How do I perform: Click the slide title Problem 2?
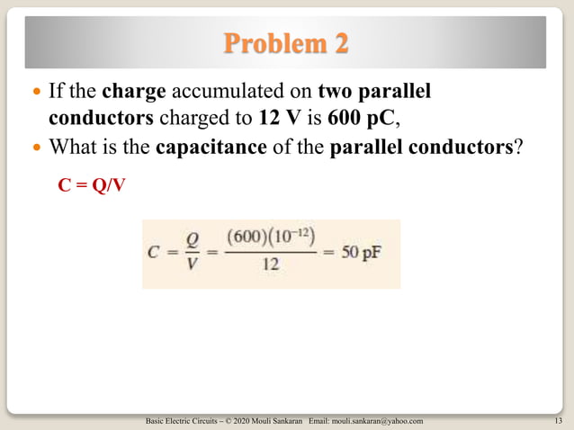tap(285, 42)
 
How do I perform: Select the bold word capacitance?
tap(211, 146)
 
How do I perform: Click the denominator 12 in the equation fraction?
tap(270, 265)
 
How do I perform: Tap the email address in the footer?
tap(378, 421)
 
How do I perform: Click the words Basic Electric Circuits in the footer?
tap(175, 421)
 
